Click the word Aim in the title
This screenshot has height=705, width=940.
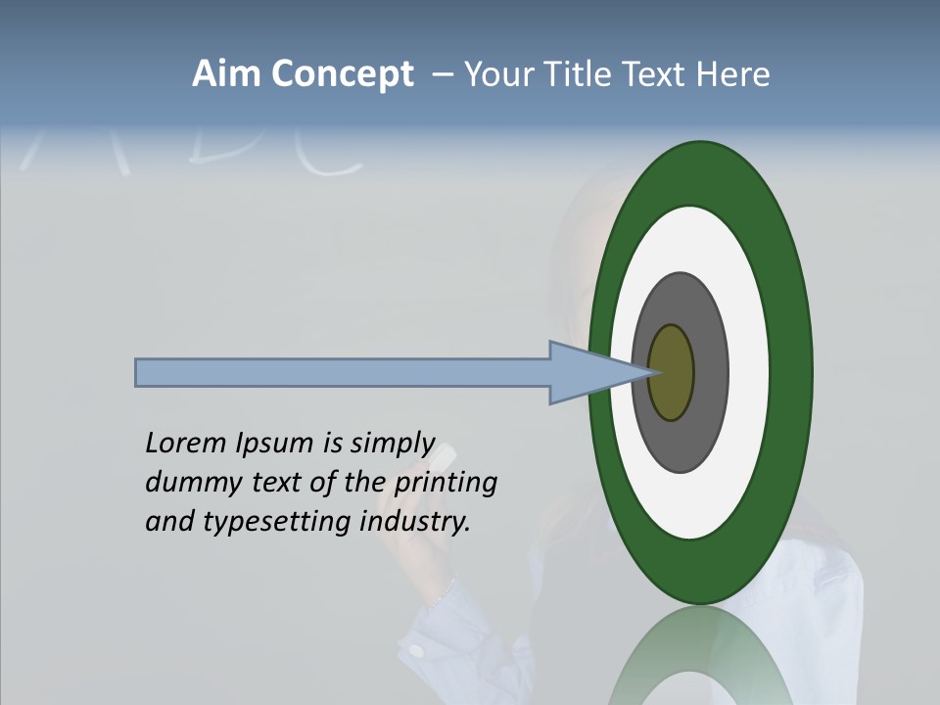[227, 74]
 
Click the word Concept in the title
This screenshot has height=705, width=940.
[343, 74]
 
